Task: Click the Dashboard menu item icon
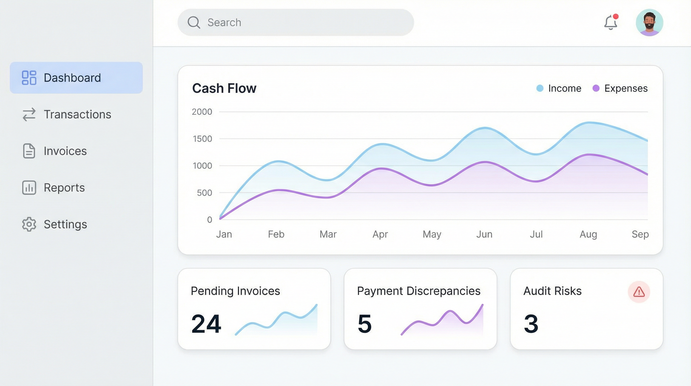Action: pyautogui.click(x=29, y=78)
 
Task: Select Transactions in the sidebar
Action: pyautogui.click(x=77, y=114)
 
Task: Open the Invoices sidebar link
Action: pyautogui.click(x=65, y=151)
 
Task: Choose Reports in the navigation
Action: pyautogui.click(x=64, y=188)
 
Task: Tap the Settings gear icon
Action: pyautogui.click(x=29, y=224)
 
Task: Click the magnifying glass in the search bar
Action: pyautogui.click(x=194, y=23)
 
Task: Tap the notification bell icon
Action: pyautogui.click(x=611, y=23)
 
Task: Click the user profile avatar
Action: pyautogui.click(x=649, y=23)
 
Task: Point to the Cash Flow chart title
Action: pyautogui.click(x=224, y=88)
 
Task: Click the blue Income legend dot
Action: pyautogui.click(x=540, y=88)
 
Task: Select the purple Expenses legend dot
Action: pyautogui.click(x=596, y=88)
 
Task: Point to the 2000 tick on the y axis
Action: pyautogui.click(x=202, y=112)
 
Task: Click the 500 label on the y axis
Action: pyautogui.click(x=204, y=193)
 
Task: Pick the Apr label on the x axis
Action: pyautogui.click(x=380, y=234)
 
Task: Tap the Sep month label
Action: pyautogui.click(x=640, y=234)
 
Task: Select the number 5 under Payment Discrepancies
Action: pyautogui.click(x=365, y=324)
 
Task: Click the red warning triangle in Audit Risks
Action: pyautogui.click(x=639, y=292)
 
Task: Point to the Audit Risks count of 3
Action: pyautogui.click(x=531, y=324)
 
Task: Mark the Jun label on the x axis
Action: pyautogui.click(x=484, y=234)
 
